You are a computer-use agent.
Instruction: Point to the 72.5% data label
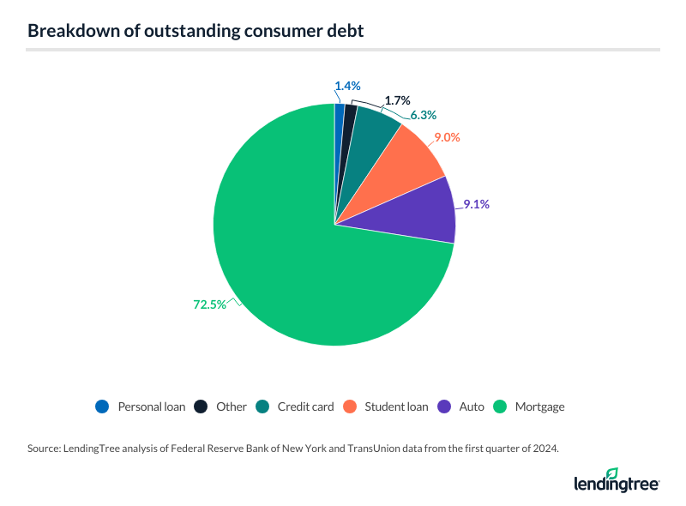point(208,304)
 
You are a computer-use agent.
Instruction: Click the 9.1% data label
point(478,204)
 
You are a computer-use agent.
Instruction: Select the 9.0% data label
point(447,137)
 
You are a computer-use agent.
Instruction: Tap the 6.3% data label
point(424,114)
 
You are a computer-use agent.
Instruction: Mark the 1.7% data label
point(397,100)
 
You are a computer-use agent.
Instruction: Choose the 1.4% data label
point(347,86)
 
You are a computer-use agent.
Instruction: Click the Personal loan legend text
point(151,407)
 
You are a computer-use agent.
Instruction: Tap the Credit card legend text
point(305,407)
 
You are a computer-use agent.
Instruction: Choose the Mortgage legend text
point(539,407)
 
